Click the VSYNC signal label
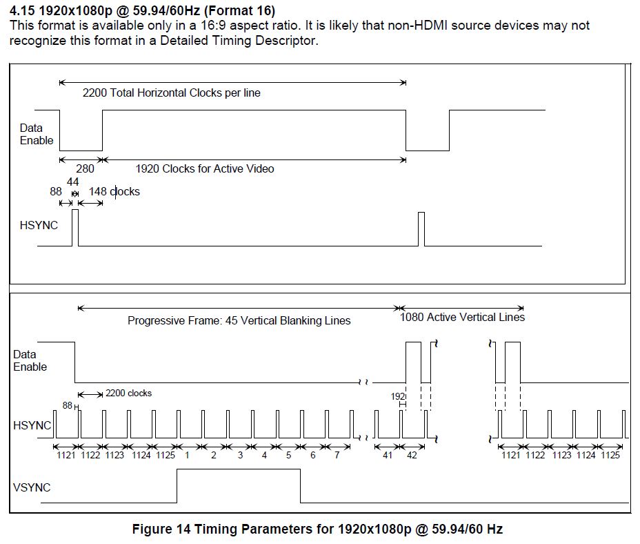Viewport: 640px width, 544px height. pyautogui.click(x=32, y=487)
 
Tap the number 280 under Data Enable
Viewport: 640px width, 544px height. pyautogui.click(x=85, y=168)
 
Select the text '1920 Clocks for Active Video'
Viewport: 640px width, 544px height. pyautogui.click(x=205, y=168)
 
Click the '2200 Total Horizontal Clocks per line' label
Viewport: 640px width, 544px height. pyautogui.click(x=172, y=93)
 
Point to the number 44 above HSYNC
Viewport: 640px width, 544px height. pyautogui.click(x=72, y=182)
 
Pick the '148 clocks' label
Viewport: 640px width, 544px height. pyautogui.click(x=114, y=191)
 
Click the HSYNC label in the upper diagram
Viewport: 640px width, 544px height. pyautogui.click(x=39, y=225)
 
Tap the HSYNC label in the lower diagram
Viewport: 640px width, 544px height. pyautogui.click(x=32, y=425)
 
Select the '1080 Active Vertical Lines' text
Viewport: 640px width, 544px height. pyautogui.click(x=462, y=317)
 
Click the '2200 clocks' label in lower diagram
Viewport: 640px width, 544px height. pyautogui.click(x=128, y=394)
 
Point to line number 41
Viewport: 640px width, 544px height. pyautogui.click(x=388, y=455)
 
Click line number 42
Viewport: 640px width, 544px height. pyautogui.click(x=412, y=455)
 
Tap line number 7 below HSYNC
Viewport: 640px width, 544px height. pyautogui.click(x=337, y=455)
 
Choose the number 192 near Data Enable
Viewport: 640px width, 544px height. pyautogui.click(x=398, y=396)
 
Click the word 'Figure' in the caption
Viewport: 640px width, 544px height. pyautogui.click(x=152, y=530)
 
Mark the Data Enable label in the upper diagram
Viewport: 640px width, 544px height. pyautogui.click(x=37, y=134)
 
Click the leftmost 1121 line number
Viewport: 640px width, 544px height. pyautogui.click(x=66, y=455)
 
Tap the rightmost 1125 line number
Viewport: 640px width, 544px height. pyautogui.click(x=610, y=455)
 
